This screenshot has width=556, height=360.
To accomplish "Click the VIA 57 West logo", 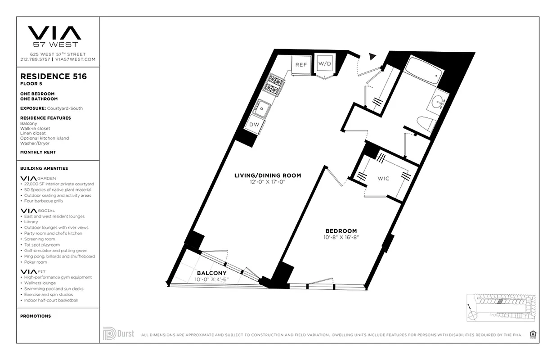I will [54, 36].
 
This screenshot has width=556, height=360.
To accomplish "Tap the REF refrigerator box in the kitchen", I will [300, 65].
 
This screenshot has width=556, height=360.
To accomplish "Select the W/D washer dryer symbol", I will [324, 64].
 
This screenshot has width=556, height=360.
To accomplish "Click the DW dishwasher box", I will [254, 125].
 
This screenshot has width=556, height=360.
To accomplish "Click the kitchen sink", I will [261, 108].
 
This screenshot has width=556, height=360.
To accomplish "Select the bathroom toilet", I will [427, 123].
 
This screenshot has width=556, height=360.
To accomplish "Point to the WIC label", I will [383, 179].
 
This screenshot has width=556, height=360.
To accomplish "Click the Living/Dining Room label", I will [267, 175].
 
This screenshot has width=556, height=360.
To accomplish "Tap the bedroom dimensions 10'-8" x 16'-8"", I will [341, 237].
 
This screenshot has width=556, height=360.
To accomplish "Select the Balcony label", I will [211, 273].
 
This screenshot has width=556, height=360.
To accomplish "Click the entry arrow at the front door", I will [372, 56].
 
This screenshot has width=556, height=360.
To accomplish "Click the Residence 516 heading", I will [54, 76].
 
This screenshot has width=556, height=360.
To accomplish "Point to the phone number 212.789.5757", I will [36, 59].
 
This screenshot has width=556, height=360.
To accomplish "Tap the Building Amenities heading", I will [44, 168].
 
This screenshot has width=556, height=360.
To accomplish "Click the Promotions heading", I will [36, 316].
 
